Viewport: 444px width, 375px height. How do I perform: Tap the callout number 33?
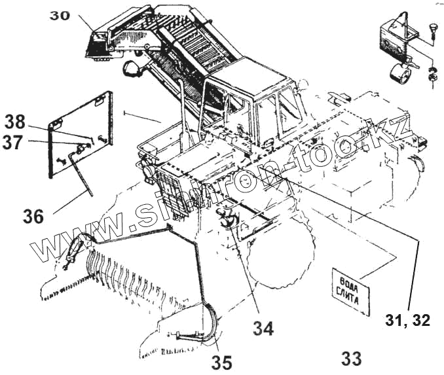pyautogui.click(x=351, y=358)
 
